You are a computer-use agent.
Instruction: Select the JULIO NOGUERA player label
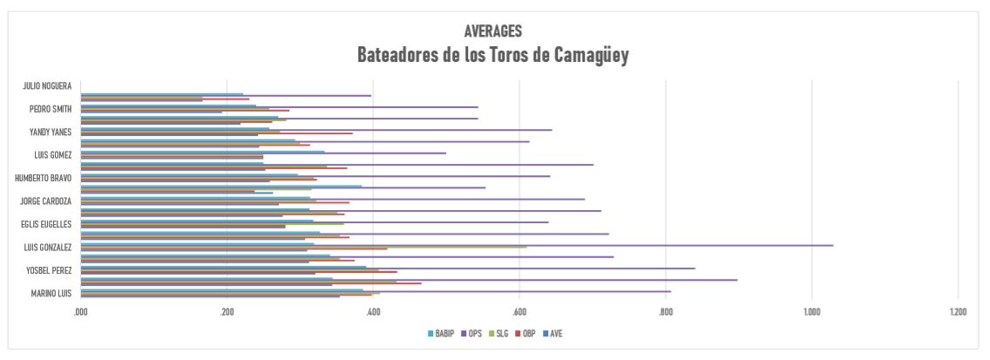click(47, 86)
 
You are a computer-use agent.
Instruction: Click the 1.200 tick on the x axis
click(957, 310)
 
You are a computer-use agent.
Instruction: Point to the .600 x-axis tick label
click(520, 310)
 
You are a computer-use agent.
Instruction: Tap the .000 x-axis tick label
click(81, 310)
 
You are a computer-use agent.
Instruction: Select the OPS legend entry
click(474, 334)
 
